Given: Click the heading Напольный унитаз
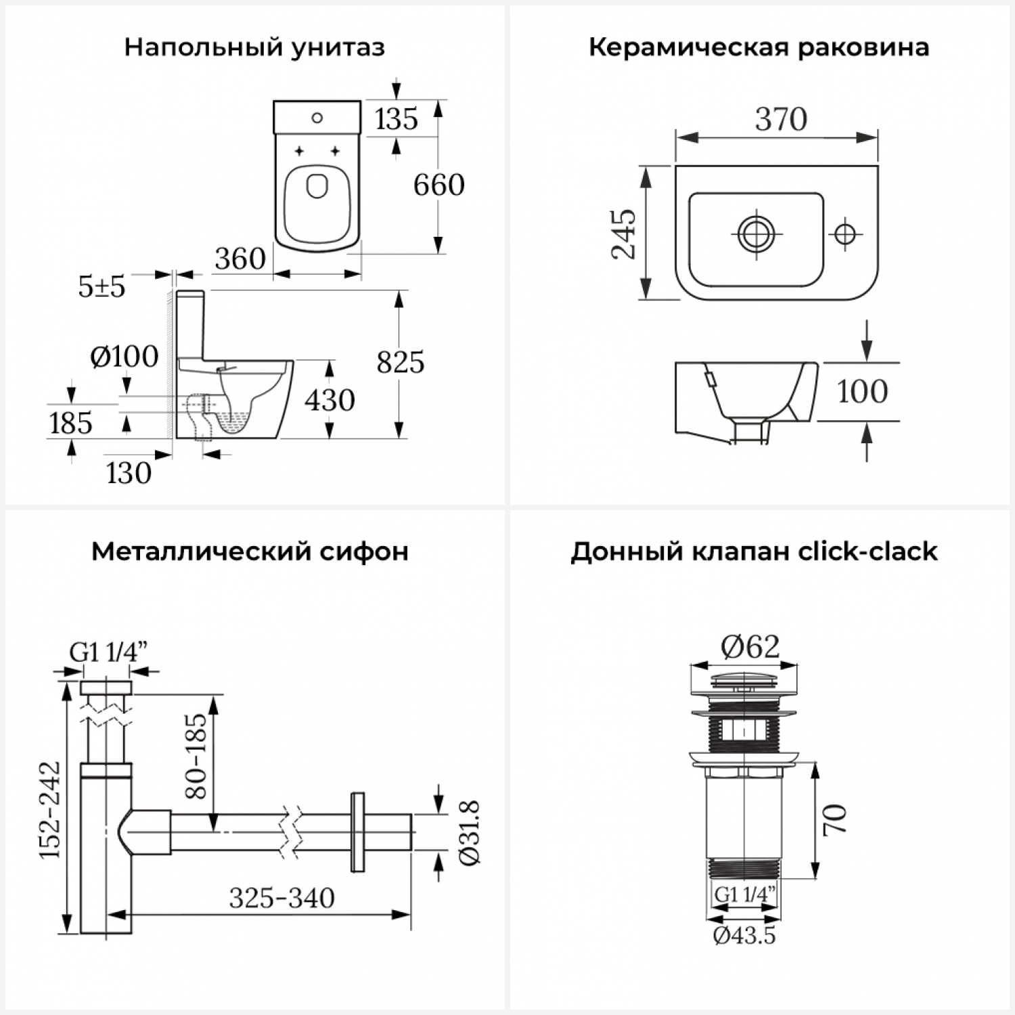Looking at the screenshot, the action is click(x=254, y=48).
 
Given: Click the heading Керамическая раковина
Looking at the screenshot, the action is click(x=759, y=48).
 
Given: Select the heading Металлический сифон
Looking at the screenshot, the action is click(x=250, y=551).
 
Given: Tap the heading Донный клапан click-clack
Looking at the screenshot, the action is click(x=754, y=551).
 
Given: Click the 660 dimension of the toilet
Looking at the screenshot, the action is click(x=439, y=185).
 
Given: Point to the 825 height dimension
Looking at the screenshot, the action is click(x=401, y=363).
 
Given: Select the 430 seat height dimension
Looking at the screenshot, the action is click(x=330, y=400).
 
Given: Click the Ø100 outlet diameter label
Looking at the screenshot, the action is click(x=125, y=357).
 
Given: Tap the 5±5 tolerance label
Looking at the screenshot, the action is click(x=101, y=287).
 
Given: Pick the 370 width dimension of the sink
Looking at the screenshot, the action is click(x=782, y=120).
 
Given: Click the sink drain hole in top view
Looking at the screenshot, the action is click(x=757, y=234).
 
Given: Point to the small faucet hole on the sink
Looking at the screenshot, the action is click(x=844, y=234).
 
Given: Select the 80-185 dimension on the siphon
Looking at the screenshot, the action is click(x=196, y=756).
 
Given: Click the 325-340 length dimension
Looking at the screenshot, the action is click(x=281, y=899).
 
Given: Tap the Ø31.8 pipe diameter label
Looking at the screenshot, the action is click(x=470, y=832).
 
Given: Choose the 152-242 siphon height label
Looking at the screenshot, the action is click(x=50, y=810).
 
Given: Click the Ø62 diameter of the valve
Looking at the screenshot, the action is click(x=750, y=647).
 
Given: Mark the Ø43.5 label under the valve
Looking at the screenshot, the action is click(x=744, y=936).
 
